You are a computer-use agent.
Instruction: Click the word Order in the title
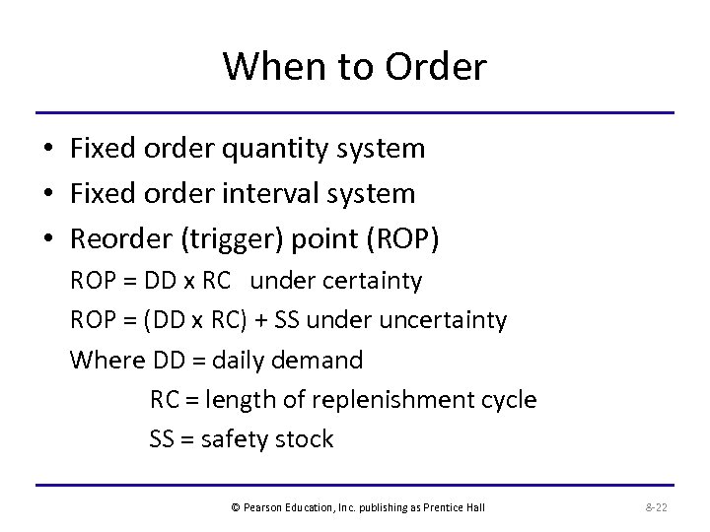click(439, 67)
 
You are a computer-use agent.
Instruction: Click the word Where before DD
click(108, 360)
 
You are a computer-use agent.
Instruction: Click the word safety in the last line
click(235, 438)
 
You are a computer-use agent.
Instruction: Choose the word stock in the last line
click(305, 438)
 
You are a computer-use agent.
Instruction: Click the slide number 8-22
click(656, 507)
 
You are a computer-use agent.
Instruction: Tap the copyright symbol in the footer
click(235, 507)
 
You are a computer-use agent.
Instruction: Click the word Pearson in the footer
click(264, 507)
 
